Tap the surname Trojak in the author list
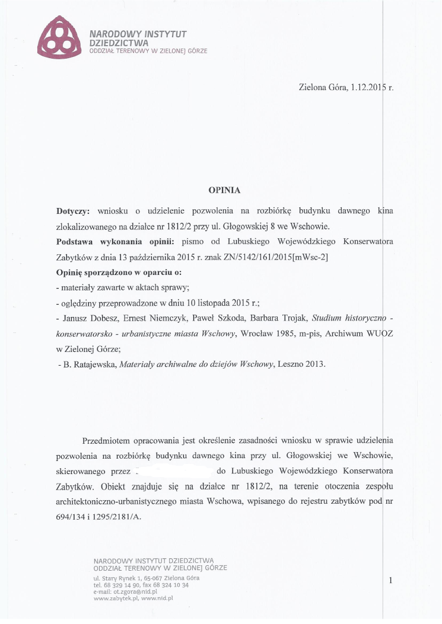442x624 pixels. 292,318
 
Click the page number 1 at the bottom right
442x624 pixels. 390,580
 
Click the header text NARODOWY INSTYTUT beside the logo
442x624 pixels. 138,34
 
